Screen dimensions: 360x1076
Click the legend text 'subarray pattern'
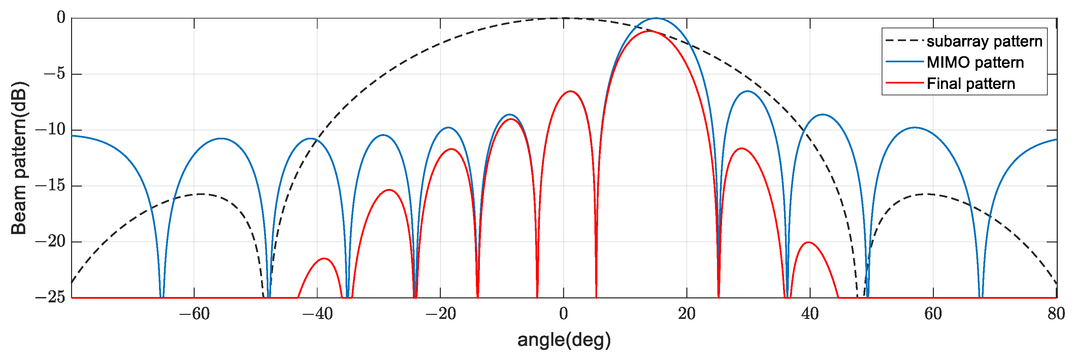point(984,41)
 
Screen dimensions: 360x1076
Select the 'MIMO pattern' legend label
point(975,63)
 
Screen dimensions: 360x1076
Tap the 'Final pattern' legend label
point(971,84)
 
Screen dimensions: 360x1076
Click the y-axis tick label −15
point(51,186)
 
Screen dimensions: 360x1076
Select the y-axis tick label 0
point(61,18)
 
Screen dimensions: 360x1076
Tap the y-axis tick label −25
point(51,298)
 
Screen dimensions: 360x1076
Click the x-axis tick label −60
point(194,314)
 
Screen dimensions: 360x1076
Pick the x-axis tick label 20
point(687,314)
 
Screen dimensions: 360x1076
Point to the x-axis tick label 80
point(1056,314)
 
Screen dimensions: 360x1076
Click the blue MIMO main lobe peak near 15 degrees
point(656,19)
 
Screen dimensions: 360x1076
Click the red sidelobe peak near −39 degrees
point(325,259)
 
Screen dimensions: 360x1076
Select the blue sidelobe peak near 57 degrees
point(915,128)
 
